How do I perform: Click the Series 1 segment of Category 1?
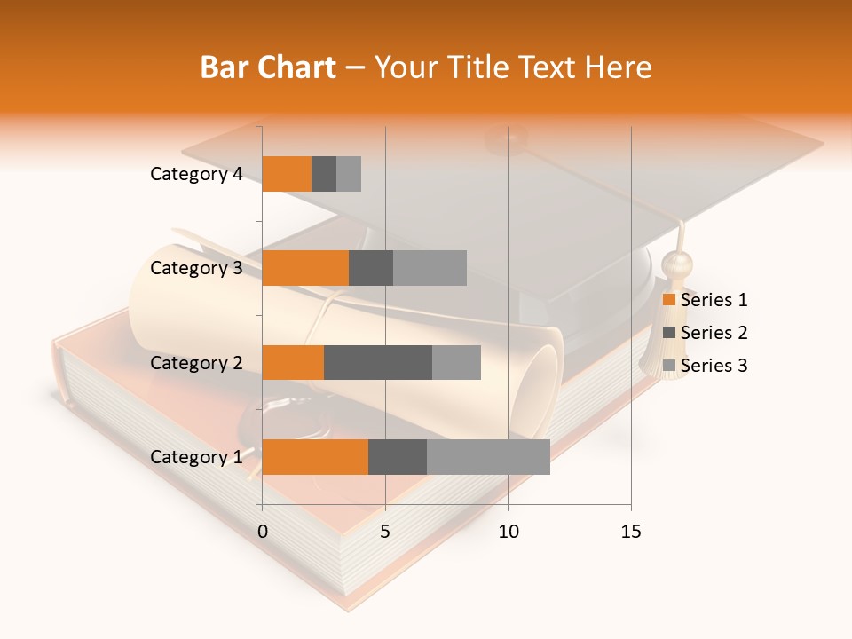(x=315, y=457)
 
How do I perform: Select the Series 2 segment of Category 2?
(x=378, y=362)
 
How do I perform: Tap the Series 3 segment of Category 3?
(x=430, y=268)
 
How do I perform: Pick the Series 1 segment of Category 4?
(x=287, y=174)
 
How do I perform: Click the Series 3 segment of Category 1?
(x=488, y=457)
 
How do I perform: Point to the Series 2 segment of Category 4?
(x=324, y=174)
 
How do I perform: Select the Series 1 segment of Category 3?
(x=305, y=268)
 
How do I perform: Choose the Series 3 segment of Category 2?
(x=456, y=362)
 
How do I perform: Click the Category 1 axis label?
(x=196, y=457)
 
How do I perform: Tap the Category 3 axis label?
(x=196, y=268)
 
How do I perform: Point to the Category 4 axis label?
(x=196, y=174)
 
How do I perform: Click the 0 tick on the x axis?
(x=263, y=532)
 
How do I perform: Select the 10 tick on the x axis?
(x=508, y=532)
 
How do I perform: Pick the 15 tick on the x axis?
(x=631, y=532)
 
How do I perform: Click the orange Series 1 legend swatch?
(x=668, y=300)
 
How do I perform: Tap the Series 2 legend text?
(x=714, y=333)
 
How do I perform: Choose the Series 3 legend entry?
(x=706, y=366)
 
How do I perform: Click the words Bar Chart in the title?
(x=268, y=67)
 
